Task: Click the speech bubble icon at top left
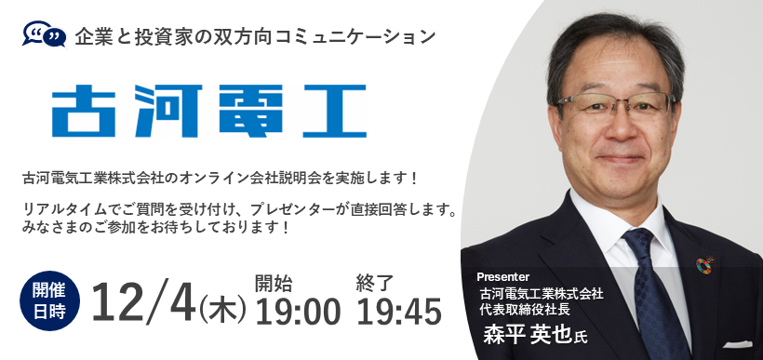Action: coord(44,36)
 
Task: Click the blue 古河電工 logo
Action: coord(208,111)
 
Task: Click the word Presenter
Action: coord(502,276)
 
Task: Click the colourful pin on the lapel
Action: coord(703,267)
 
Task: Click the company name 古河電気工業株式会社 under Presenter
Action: coord(535,293)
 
